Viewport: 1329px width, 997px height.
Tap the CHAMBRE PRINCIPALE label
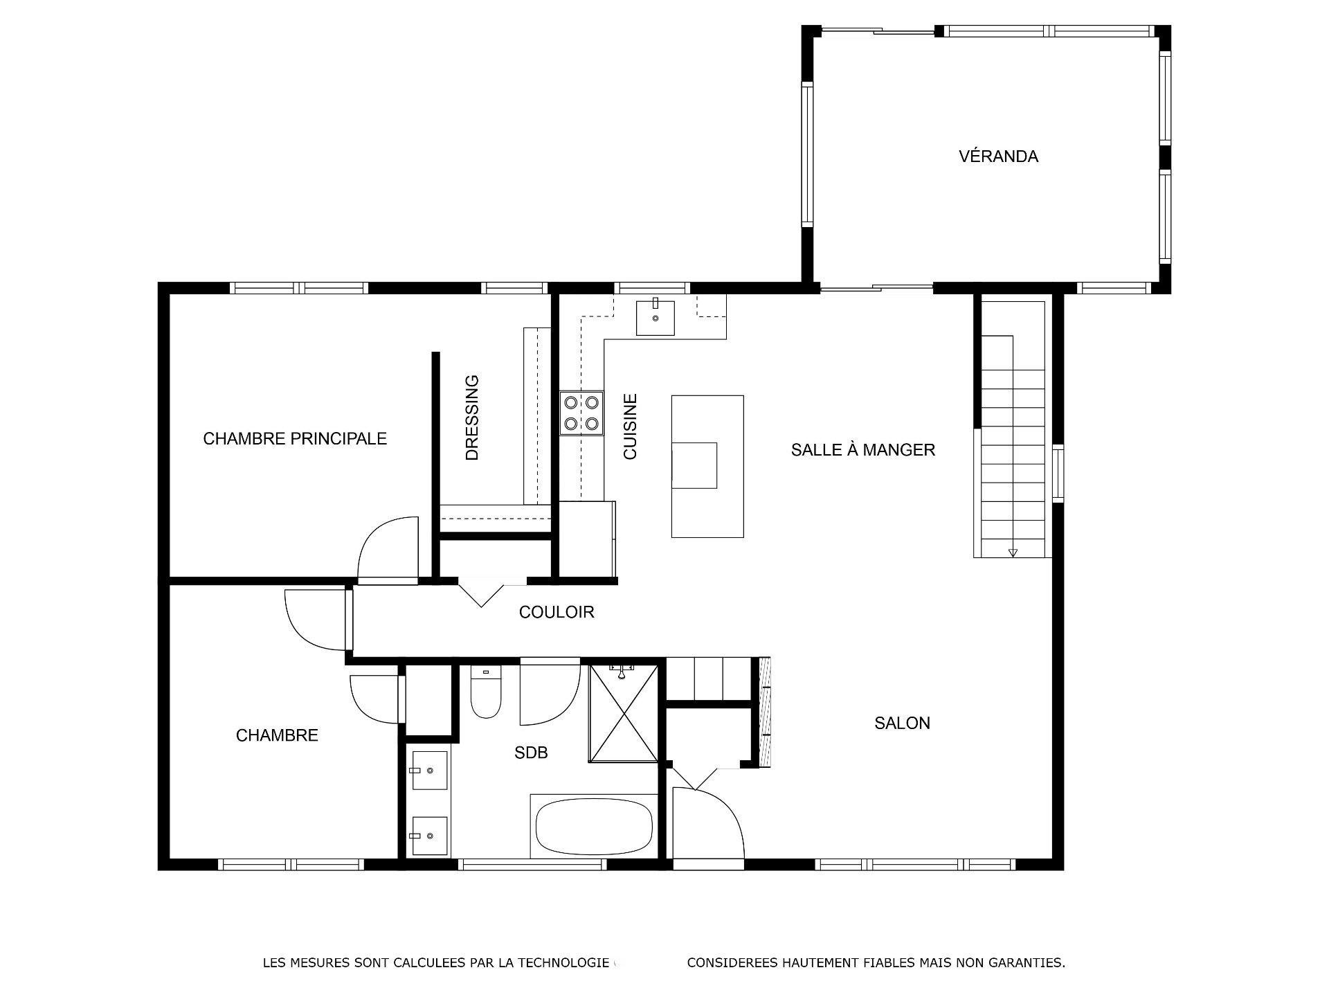(x=295, y=438)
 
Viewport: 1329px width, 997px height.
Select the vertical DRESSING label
(x=472, y=417)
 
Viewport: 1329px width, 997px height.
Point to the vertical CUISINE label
(x=630, y=426)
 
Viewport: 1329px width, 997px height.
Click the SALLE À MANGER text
(x=862, y=450)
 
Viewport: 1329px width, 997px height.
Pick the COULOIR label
(x=557, y=612)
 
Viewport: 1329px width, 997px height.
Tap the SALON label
(x=902, y=723)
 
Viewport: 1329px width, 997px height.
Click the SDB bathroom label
(x=531, y=753)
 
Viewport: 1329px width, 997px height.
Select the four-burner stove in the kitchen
(x=581, y=413)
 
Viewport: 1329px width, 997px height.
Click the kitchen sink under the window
(x=655, y=318)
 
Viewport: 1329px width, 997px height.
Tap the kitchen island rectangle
(x=707, y=466)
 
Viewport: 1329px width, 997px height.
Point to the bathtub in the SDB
(x=594, y=827)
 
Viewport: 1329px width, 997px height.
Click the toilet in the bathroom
(x=486, y=692)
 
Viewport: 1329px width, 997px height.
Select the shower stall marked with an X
(x=623, y=713)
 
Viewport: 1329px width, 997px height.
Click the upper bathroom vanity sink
(x=429, y=770)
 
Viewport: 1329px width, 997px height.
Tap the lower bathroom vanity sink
(x=429, y=836)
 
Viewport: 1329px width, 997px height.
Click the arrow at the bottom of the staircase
(x=1013, y=552)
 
